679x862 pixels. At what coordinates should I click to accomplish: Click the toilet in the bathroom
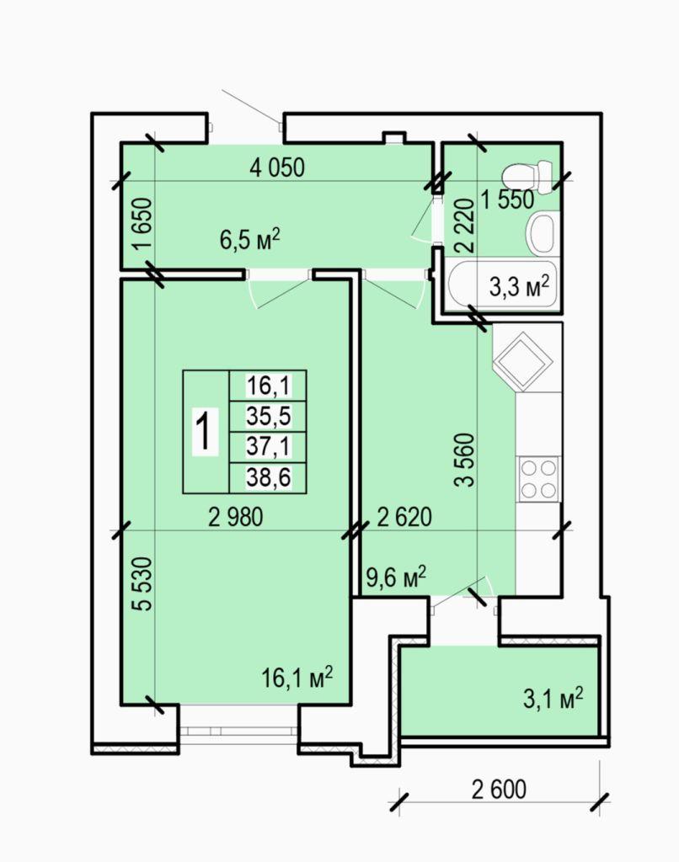coord(527,176)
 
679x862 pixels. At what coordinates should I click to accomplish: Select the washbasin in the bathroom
coord(541,234)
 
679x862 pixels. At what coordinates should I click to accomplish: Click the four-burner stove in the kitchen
coord(538,478)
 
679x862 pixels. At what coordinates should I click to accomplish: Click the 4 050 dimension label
coord(277,168)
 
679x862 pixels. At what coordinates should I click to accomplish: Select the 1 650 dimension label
coord(142,224)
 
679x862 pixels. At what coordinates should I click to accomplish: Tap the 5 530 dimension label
coord(142,584)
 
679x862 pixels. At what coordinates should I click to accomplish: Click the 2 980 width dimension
coord(236,517)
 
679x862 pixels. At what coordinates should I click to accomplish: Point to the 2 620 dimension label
coord(404,517)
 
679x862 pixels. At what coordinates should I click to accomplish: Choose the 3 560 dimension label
coord(464,460)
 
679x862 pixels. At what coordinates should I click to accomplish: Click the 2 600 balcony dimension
coord(499,789)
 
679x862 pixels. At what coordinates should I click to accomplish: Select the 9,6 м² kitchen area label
coord(396,577)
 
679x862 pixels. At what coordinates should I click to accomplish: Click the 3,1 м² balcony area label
coord(553,699)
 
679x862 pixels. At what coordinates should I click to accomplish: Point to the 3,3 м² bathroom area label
coord(520,286)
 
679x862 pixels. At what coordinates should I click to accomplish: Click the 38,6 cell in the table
coord(268,478)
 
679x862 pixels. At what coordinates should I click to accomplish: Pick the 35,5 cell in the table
coord(268,416)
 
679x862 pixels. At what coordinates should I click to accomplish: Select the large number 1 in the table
coord(205,432)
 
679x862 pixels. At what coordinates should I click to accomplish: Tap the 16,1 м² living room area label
coord(297,678)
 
